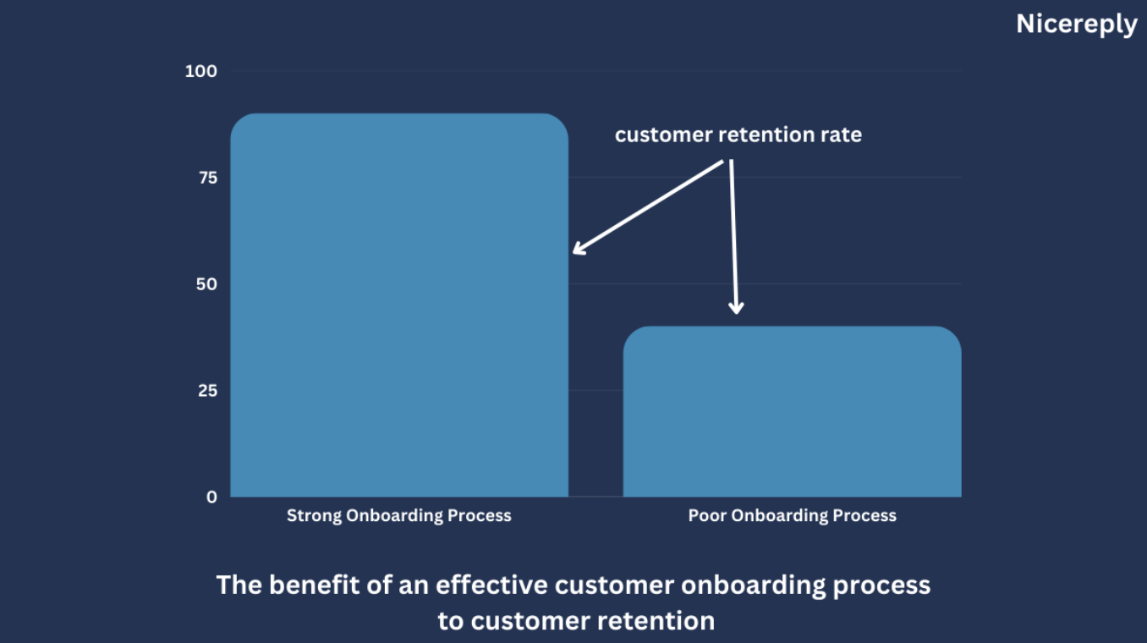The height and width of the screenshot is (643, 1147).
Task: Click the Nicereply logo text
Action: (x=1076, y=24)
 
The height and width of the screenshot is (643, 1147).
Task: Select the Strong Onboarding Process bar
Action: (x=399, y=305)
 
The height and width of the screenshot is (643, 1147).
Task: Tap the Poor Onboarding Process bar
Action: (x=792, y=411)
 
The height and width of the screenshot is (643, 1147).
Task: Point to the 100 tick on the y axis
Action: (x=200, y=71)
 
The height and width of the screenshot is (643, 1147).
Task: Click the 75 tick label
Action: (x=208, y=178)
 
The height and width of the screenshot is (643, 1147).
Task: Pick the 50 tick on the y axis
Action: (x=207, y=283)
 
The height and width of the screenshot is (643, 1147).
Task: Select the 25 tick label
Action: (x=207, y=390)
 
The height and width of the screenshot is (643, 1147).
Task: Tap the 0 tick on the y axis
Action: (x=211, y=497)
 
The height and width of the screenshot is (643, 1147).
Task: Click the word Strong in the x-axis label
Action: (x=314, y=516)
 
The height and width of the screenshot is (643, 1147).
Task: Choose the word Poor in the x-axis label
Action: (x=707, y=515)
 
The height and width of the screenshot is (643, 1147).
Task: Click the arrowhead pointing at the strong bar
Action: (x=579, y=249)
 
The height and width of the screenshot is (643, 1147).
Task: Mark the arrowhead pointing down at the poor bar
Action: (x=737, y=307)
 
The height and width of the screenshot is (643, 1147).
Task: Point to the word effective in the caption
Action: (x=491, y=585)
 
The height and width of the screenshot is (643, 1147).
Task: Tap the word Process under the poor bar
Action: (x=864, y=515)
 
